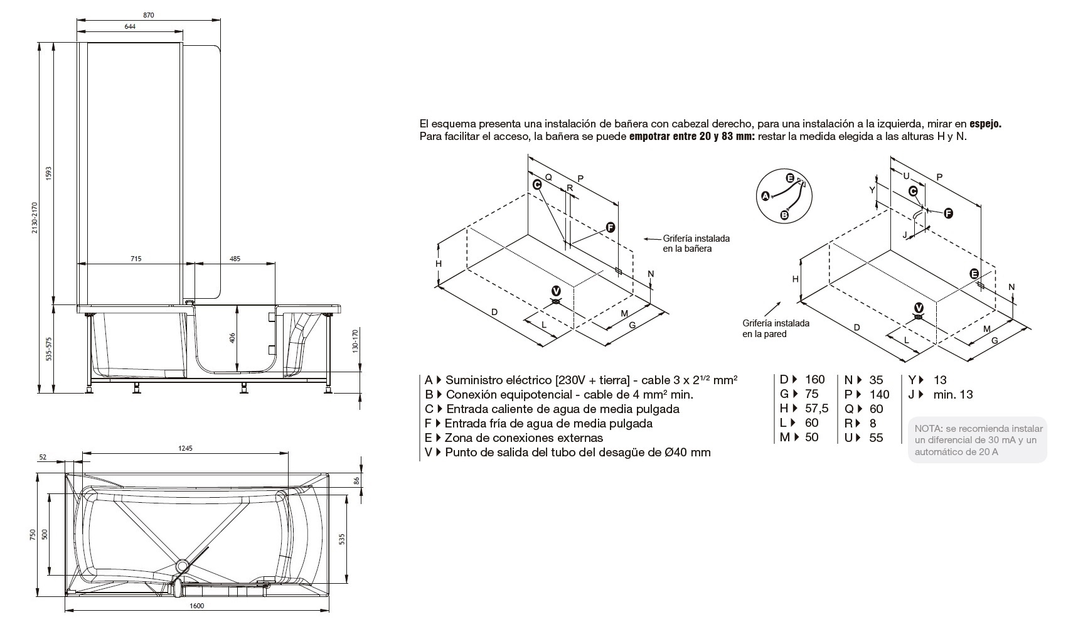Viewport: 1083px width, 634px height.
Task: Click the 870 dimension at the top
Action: (148, 15)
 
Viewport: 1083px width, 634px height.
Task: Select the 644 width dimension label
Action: (130, 26)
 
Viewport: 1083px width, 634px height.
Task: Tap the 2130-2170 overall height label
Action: (35, 217)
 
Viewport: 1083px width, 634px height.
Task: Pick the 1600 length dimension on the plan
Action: (196, 606)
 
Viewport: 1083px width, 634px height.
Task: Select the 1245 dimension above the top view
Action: (185, 448)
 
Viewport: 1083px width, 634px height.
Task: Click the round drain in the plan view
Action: (183, 565)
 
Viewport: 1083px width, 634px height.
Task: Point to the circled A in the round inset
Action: (765, 196)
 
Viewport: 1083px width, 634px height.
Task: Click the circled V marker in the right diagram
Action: (919, 308)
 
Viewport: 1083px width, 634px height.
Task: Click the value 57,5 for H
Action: (816, 409)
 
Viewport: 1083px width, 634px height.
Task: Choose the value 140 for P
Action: (879, 394)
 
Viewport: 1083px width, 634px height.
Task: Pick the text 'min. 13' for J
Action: (952, 394)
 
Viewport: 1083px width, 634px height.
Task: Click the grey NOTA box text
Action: (977, 439)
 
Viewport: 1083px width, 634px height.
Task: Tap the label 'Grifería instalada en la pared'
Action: (776, 328)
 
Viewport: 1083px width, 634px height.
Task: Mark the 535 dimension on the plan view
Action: (341, 538)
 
